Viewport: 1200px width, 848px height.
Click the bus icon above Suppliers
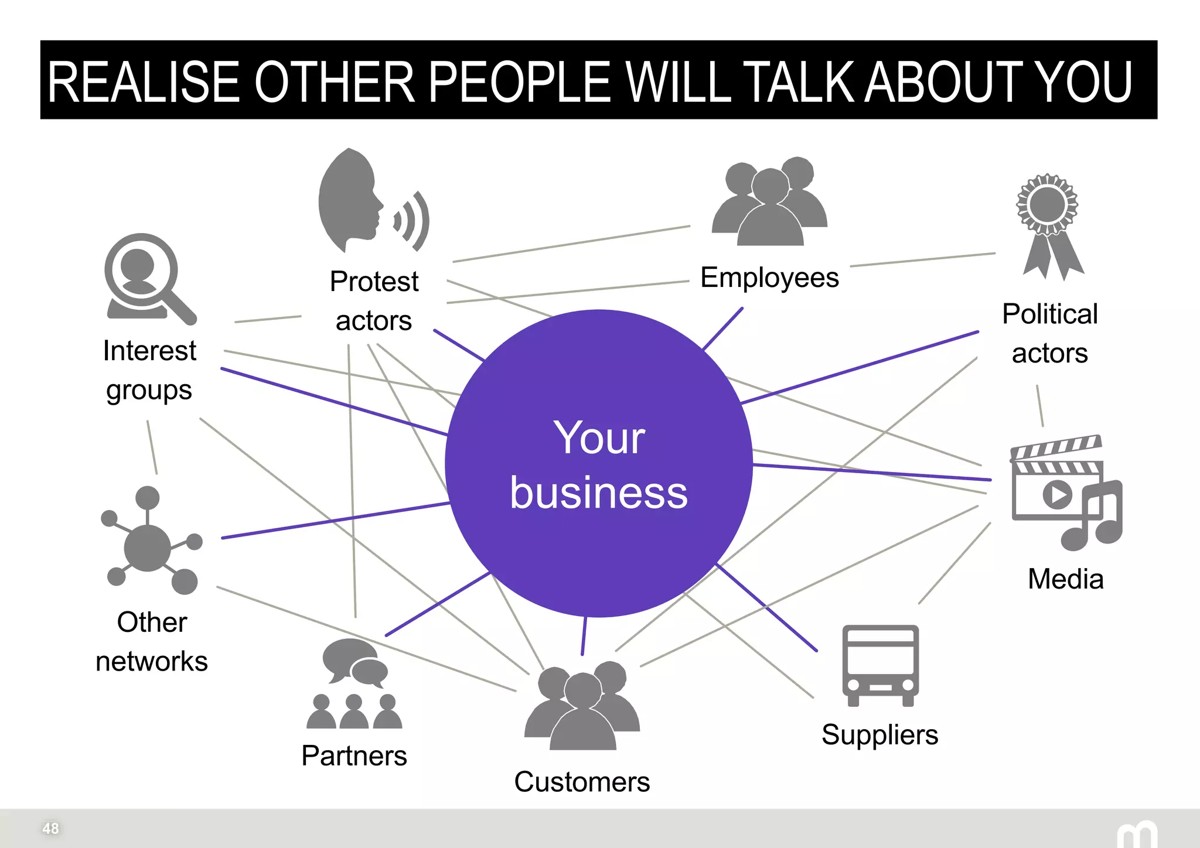(880, 665)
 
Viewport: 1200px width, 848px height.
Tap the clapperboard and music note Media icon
(1063, 492)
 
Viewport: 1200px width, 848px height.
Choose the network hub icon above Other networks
(149, 542)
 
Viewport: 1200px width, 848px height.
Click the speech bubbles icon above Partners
(354, 662)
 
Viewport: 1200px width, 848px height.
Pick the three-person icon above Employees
(769, 202)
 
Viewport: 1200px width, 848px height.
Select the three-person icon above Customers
(582, 706)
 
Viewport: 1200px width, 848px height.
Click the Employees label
(769, 278)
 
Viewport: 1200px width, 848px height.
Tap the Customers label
(582, 782)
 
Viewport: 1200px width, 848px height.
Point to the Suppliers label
(879, 734)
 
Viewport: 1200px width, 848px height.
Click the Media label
(1065, 579)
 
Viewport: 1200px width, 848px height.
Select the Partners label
(354, 755)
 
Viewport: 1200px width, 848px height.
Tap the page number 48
(50, 828)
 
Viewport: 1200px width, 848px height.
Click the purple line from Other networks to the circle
(334, 521)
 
